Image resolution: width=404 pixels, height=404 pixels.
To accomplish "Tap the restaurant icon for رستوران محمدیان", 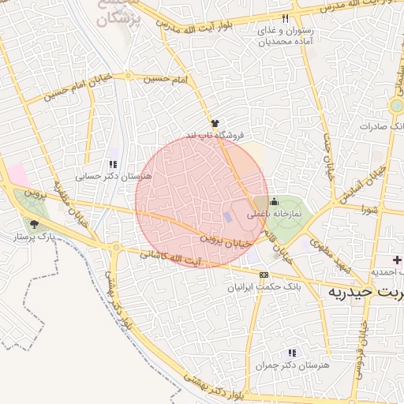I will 285,18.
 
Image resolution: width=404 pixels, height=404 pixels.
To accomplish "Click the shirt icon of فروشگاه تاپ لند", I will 215,122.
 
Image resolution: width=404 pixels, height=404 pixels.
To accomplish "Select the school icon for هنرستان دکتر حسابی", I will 114,164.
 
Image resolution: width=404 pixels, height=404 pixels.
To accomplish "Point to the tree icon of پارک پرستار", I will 32,224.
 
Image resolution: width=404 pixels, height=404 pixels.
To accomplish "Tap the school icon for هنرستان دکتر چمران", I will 292,353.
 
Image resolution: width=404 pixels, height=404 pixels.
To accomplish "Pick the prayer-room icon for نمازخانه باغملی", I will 274,200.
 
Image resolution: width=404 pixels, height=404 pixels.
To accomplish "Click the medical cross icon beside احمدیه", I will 398,260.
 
